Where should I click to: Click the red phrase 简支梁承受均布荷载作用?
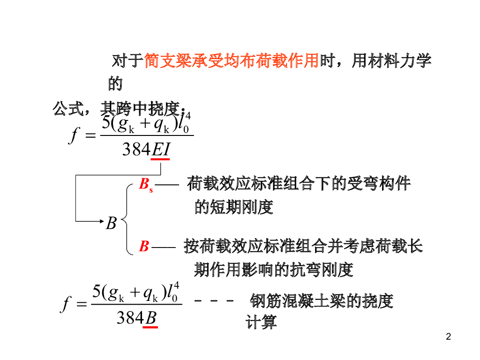[231, 61]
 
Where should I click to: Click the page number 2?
[449, 336]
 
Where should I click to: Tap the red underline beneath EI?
[160, 160]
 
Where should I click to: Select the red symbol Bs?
[146, 183]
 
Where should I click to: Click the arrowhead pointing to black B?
[100, 220]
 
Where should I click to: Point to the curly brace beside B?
[127, 219]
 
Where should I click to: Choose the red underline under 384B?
[150, 327]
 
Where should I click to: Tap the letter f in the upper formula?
[73, 135]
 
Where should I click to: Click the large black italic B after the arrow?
[111, 223]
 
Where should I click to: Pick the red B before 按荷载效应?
[144, 247]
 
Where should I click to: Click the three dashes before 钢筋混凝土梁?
[214, 300]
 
